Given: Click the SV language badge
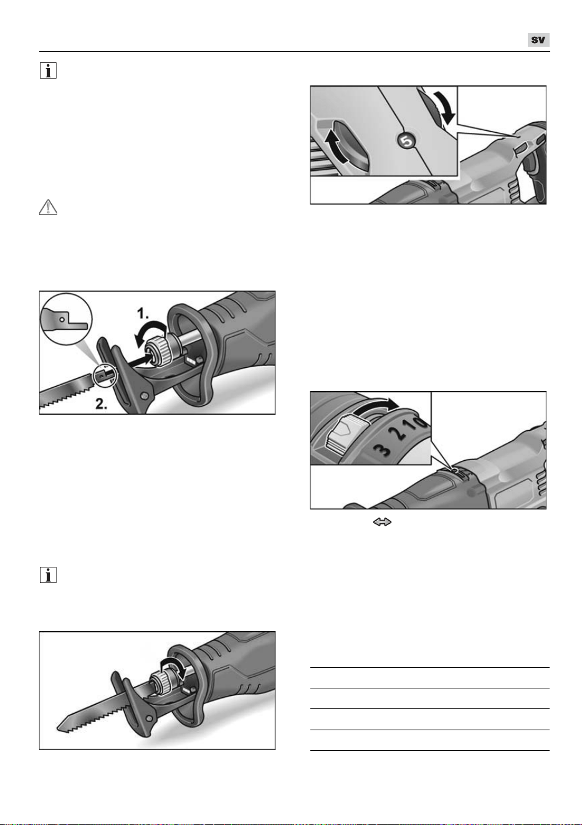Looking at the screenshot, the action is [538, 40].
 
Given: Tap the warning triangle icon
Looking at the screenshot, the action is [48, 207].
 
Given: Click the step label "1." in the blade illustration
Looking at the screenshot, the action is [143, 314].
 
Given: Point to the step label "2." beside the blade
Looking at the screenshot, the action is [101, 404].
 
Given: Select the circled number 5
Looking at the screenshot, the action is [406, 141].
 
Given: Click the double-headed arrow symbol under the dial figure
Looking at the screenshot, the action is [382, 522].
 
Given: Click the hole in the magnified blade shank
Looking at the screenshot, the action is [63, 318].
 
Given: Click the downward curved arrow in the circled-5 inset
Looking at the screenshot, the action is [444, 107].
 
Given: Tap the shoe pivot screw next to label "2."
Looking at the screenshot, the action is [145, 395].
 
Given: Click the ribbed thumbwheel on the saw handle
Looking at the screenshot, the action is [520, 149].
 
